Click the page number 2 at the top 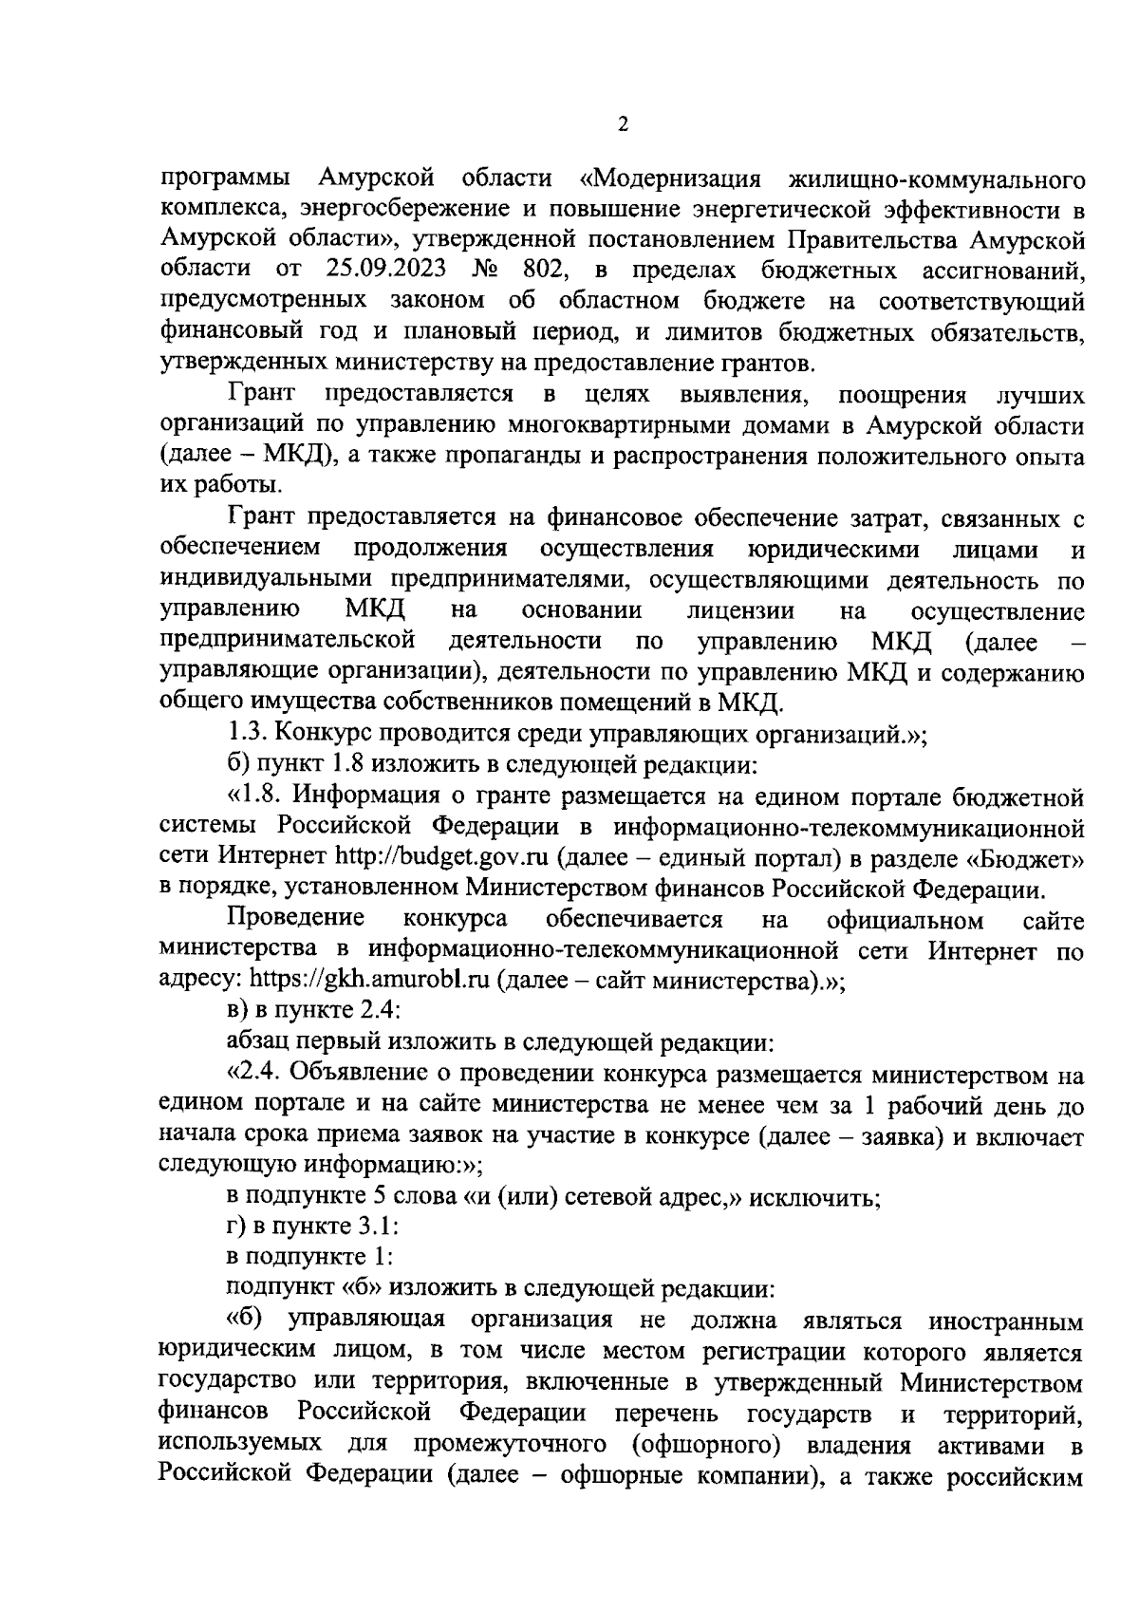pyautogui.click(x=623, y=123)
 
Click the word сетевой pyautogui.click(x=607, y=1197)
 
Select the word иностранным pyautogui.click(x=1007, y=1321)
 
